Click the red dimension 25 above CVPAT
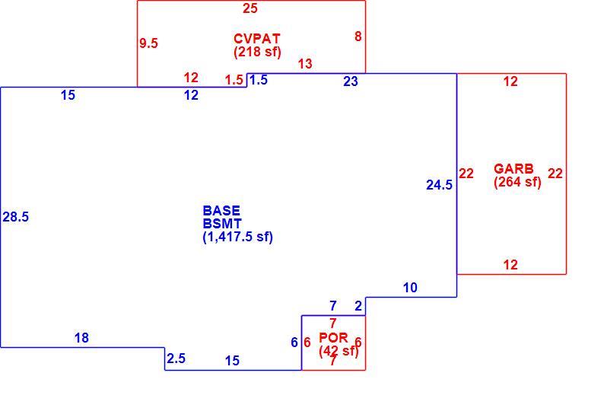point(250,8)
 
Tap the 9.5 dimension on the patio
point(148,43)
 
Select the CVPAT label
point(257,39)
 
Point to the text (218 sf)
point(257,52)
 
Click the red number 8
point(358,37)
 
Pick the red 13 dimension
point(305,64)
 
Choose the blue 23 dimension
point(351,81)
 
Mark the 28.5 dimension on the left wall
point(16,217)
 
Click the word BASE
point(221,211)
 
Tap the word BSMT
point(222,224)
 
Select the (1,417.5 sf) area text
point(237,237)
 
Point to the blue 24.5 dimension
point(439,185)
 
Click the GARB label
point(514,168)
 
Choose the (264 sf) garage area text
point(518,182)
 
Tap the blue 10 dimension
point(410,288)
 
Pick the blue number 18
point(81,338)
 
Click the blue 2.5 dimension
point(176,359)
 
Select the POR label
point(334,338)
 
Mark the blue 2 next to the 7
point(358,306)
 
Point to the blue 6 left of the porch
point(294,343)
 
